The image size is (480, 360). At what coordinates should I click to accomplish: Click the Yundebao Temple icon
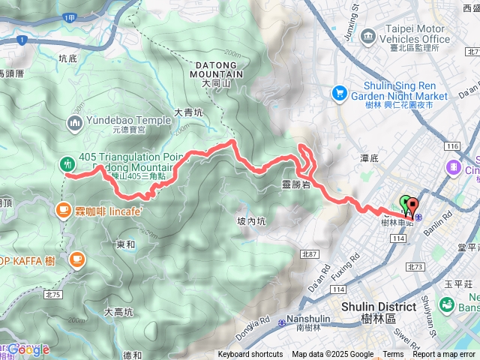point(76,121)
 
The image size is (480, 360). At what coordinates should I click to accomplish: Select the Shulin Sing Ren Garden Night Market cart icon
point(339,93)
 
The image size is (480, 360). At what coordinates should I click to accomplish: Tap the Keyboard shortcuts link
point(250,355)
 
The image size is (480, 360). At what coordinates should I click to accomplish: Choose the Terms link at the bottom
point(393,355)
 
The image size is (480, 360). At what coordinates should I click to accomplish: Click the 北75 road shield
point(52,274)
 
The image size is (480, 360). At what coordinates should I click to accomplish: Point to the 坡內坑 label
point(251,220)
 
